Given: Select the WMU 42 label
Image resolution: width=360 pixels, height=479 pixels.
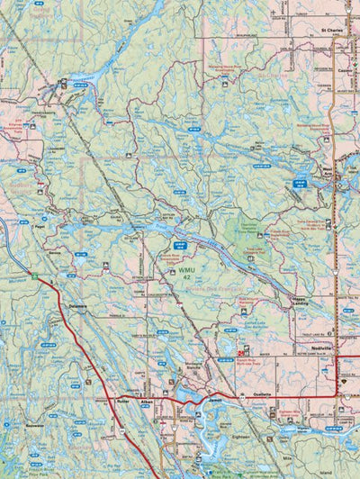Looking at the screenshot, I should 186,273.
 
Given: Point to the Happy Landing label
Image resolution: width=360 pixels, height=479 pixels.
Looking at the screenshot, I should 304,303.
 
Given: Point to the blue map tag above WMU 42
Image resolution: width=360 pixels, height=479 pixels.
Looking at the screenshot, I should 180,244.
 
